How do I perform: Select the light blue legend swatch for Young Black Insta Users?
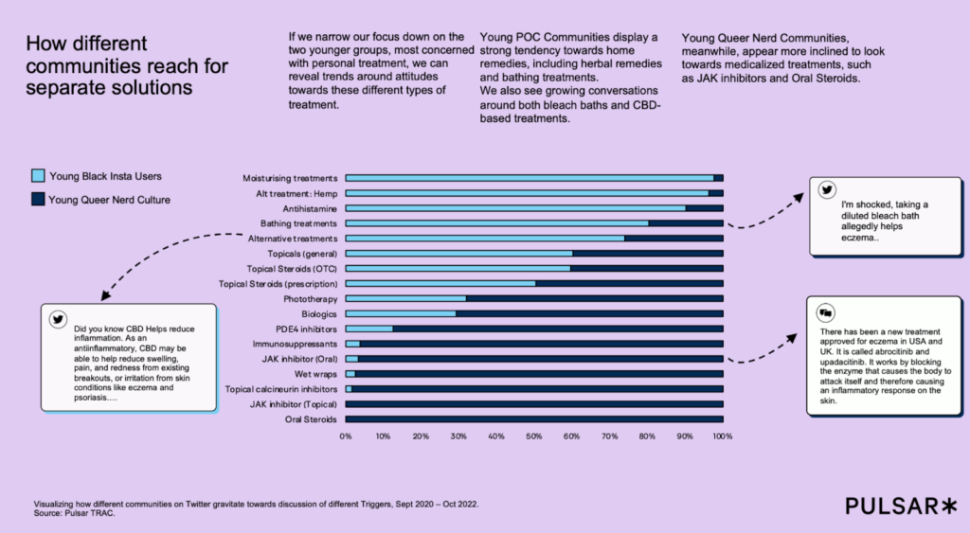pos(38,176)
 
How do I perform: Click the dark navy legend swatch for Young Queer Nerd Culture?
pos(38,200)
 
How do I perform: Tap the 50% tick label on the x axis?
pos(534,436)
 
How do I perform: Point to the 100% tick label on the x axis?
pos(722,436)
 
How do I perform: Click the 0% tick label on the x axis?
pos(346,436)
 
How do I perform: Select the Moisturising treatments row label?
pos(290,178)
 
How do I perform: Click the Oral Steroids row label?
pos(311,419)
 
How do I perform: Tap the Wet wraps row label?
pos(317,374)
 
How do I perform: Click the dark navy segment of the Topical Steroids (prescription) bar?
pos(629,283)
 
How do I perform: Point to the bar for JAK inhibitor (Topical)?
pos(534,404)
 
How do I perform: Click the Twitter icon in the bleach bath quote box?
pos(825,189)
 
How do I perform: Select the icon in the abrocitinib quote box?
pos(825,311)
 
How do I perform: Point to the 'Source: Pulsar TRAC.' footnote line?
pos(75,514)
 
